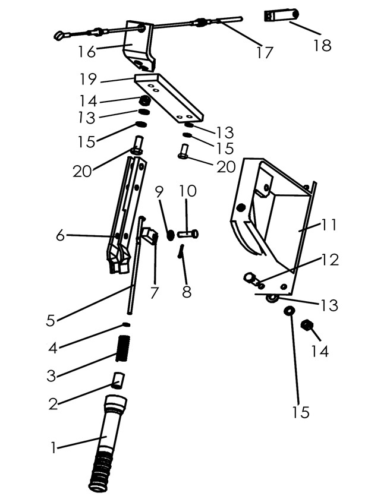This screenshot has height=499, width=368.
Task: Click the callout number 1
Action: (53, 447)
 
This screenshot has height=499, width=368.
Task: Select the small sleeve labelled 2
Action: (118, 380)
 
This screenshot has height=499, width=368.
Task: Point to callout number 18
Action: (322, 45)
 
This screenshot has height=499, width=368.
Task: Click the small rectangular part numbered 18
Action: (279, 15)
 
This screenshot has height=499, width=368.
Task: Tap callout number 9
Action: (159, 192)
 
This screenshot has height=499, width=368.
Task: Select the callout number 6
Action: (61, 236)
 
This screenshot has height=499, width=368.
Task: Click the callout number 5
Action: (51, 320)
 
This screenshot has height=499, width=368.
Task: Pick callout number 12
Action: (331, 260)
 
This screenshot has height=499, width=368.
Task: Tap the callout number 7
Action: (155, 293)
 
